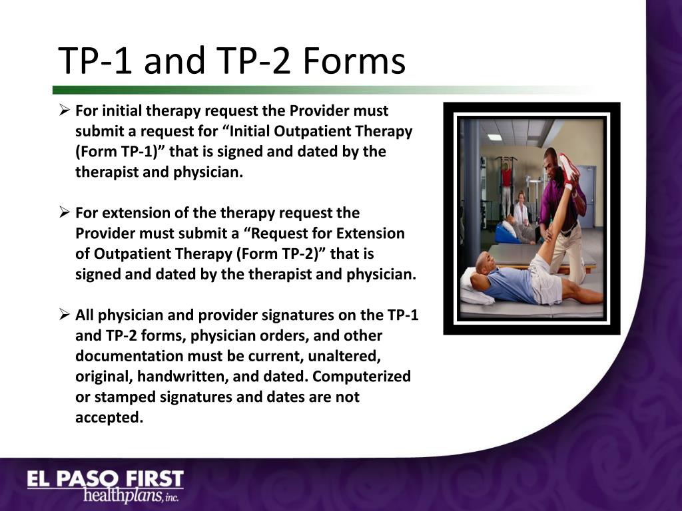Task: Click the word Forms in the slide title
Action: (354, 62)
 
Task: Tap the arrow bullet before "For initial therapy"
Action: (65, 110)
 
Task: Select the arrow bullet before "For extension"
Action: (65, 213)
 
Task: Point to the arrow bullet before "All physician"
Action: (65, 315)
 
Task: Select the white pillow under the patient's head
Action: (474, 287)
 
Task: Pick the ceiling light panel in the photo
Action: (494, 138)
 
